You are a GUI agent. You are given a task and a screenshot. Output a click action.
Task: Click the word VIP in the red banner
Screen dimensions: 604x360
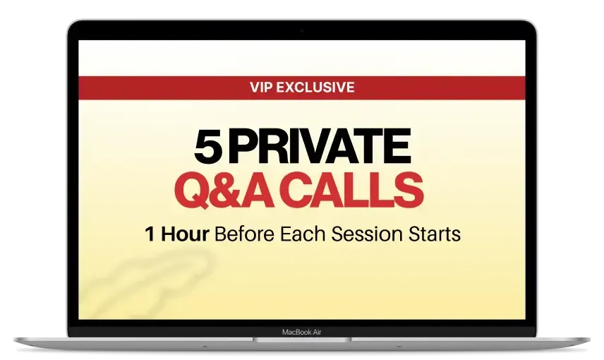[261, 87]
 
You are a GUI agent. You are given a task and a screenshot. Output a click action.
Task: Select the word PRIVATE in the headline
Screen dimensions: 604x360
[320, 146]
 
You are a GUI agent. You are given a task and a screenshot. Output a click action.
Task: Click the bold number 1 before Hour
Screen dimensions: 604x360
[150, 234]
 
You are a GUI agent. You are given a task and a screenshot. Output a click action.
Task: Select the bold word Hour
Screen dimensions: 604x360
[185, 234]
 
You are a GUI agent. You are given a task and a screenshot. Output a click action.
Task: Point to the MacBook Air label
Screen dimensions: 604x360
[301, 332]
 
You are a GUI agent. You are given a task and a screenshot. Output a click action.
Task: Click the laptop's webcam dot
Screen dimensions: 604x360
[301, 31]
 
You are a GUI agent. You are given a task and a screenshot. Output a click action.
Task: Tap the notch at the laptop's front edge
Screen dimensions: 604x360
[302, 340]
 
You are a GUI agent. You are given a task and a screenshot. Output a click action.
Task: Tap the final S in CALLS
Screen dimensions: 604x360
[409, 191]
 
